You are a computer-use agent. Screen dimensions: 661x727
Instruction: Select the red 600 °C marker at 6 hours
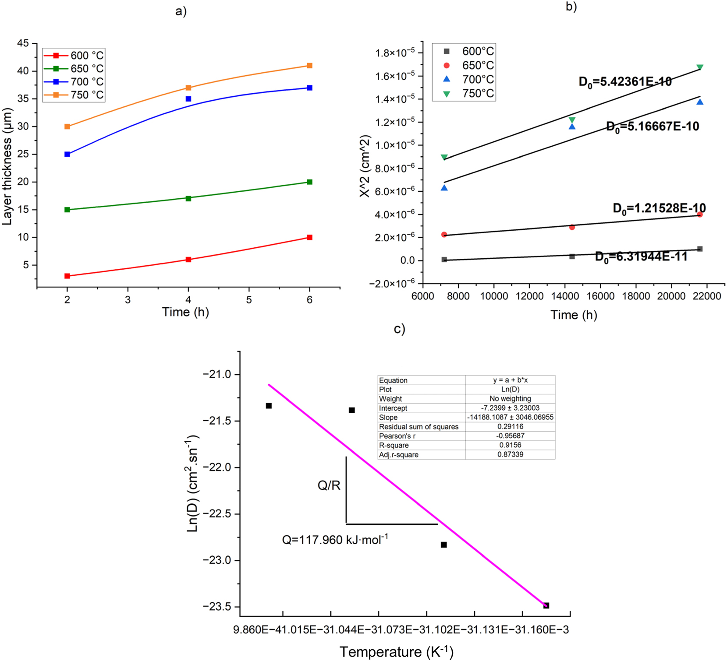tap(310, 237)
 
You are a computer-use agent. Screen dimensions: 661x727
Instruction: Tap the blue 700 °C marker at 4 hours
tap(188, 99)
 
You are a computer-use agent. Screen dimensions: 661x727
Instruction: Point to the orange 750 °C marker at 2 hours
tap(67, 127)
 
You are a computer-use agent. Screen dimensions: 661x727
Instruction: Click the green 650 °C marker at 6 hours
tap(310, 182)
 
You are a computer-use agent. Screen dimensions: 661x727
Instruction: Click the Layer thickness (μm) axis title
tap(7, 166)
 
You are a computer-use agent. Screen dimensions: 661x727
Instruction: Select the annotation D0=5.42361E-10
tap(625, 82)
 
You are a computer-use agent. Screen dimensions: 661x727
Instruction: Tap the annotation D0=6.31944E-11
tap(641, 257)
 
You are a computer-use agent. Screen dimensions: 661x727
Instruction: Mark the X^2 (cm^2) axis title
tap(365, 166)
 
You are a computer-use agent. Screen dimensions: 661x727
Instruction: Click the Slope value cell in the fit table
tap(510, 418)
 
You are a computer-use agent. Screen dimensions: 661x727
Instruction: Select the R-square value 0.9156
tap(510, 445)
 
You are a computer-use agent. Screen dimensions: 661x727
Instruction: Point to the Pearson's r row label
tap(397, 436)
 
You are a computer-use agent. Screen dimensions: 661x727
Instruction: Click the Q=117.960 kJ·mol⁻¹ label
tap(335, 540)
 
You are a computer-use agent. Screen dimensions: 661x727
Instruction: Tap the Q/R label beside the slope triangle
tap(329, 485)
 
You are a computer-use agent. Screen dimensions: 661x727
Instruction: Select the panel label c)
tap(399, 329)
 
